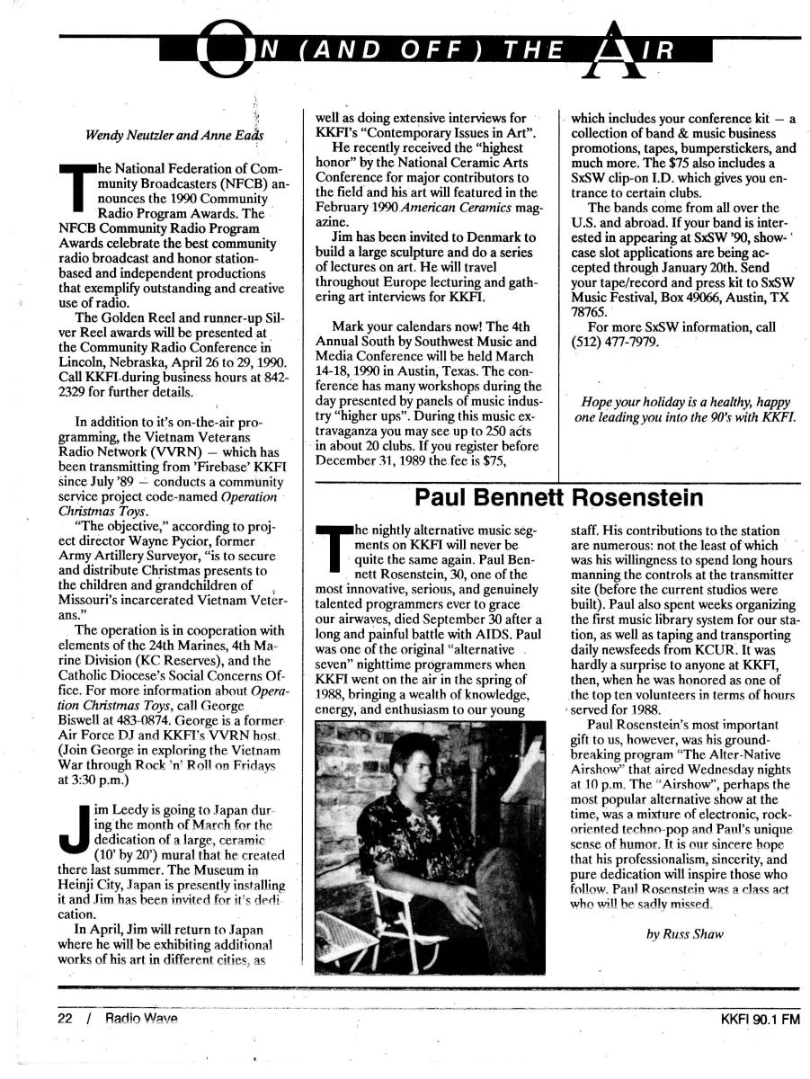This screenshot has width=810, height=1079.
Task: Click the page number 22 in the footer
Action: coord(65,1019)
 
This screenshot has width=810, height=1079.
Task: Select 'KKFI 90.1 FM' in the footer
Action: coord(760,1020)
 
